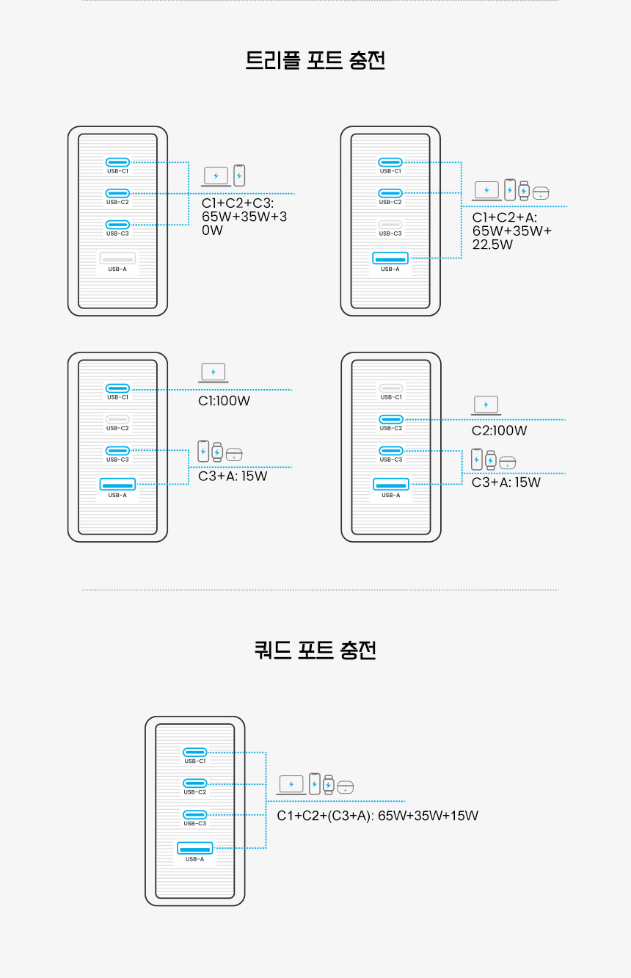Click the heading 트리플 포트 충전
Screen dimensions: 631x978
315,60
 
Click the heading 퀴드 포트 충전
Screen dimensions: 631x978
315,650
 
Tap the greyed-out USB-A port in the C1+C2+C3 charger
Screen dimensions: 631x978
117,258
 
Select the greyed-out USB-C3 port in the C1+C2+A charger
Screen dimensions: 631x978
390,225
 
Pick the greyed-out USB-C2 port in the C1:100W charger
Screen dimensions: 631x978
117,419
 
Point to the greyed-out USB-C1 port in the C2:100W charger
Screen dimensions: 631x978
391,388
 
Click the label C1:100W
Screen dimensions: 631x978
224,401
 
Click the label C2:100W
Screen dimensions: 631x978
499,430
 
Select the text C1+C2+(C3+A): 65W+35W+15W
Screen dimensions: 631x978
377,816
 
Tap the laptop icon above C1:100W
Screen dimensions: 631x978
213,373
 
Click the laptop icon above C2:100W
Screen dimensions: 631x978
486,405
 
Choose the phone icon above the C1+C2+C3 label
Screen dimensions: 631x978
239,175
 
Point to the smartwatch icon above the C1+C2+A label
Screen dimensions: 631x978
524,191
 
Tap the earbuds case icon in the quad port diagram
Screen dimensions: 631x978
345,787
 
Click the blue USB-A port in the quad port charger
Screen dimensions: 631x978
194,848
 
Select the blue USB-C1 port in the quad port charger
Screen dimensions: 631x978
194,752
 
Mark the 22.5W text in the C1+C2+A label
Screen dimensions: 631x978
492,245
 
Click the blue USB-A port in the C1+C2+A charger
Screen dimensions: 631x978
390,258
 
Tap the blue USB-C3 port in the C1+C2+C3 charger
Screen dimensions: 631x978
117,225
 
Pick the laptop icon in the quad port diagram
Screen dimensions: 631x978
291,785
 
